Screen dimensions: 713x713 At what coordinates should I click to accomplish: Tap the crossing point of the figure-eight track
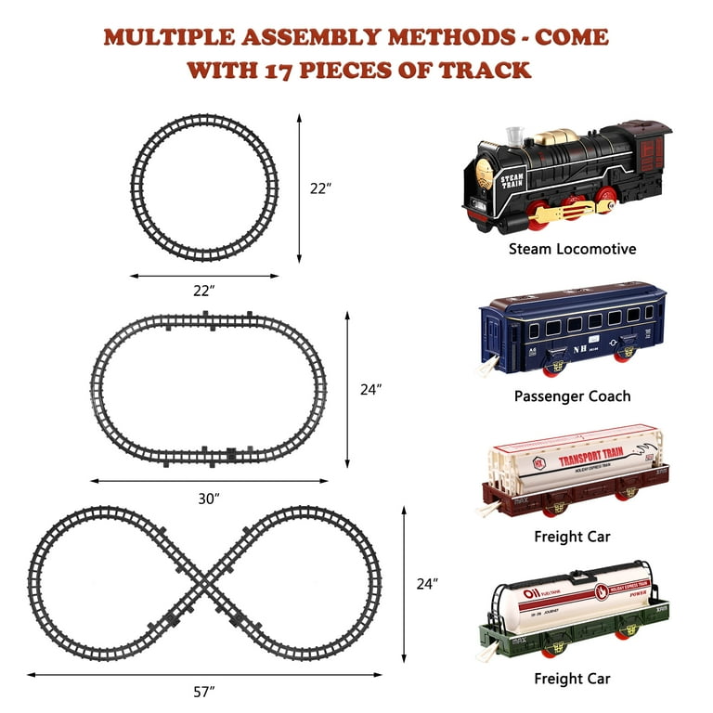click(x=204, y=582)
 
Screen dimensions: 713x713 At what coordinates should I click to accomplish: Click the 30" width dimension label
click(x=210, y=499)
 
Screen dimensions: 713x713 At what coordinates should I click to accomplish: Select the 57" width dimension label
click(x=204, y=692)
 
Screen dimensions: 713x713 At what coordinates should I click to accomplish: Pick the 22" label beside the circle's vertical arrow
click(x=320, y=188)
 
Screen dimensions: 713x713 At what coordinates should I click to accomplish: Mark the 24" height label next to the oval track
click(x=371, y=391)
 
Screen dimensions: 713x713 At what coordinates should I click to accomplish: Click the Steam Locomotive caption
click(x=572, y=249)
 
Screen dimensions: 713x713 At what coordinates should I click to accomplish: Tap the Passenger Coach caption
click(x=572, y=396)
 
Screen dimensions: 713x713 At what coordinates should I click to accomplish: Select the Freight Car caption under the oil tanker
click(x=572, y=679)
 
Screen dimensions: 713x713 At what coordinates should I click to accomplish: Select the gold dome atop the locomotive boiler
click(x=556, y=136)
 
